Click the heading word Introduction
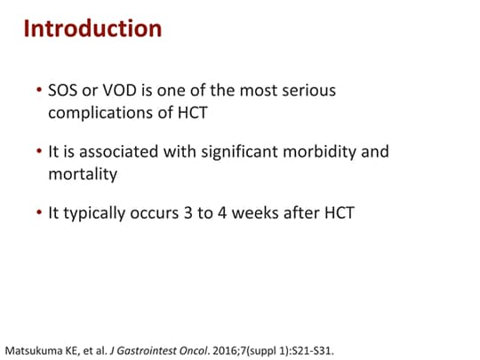pyautogui.click(x=92, y=28)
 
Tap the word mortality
pyautogui.click(x=83, y=174)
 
